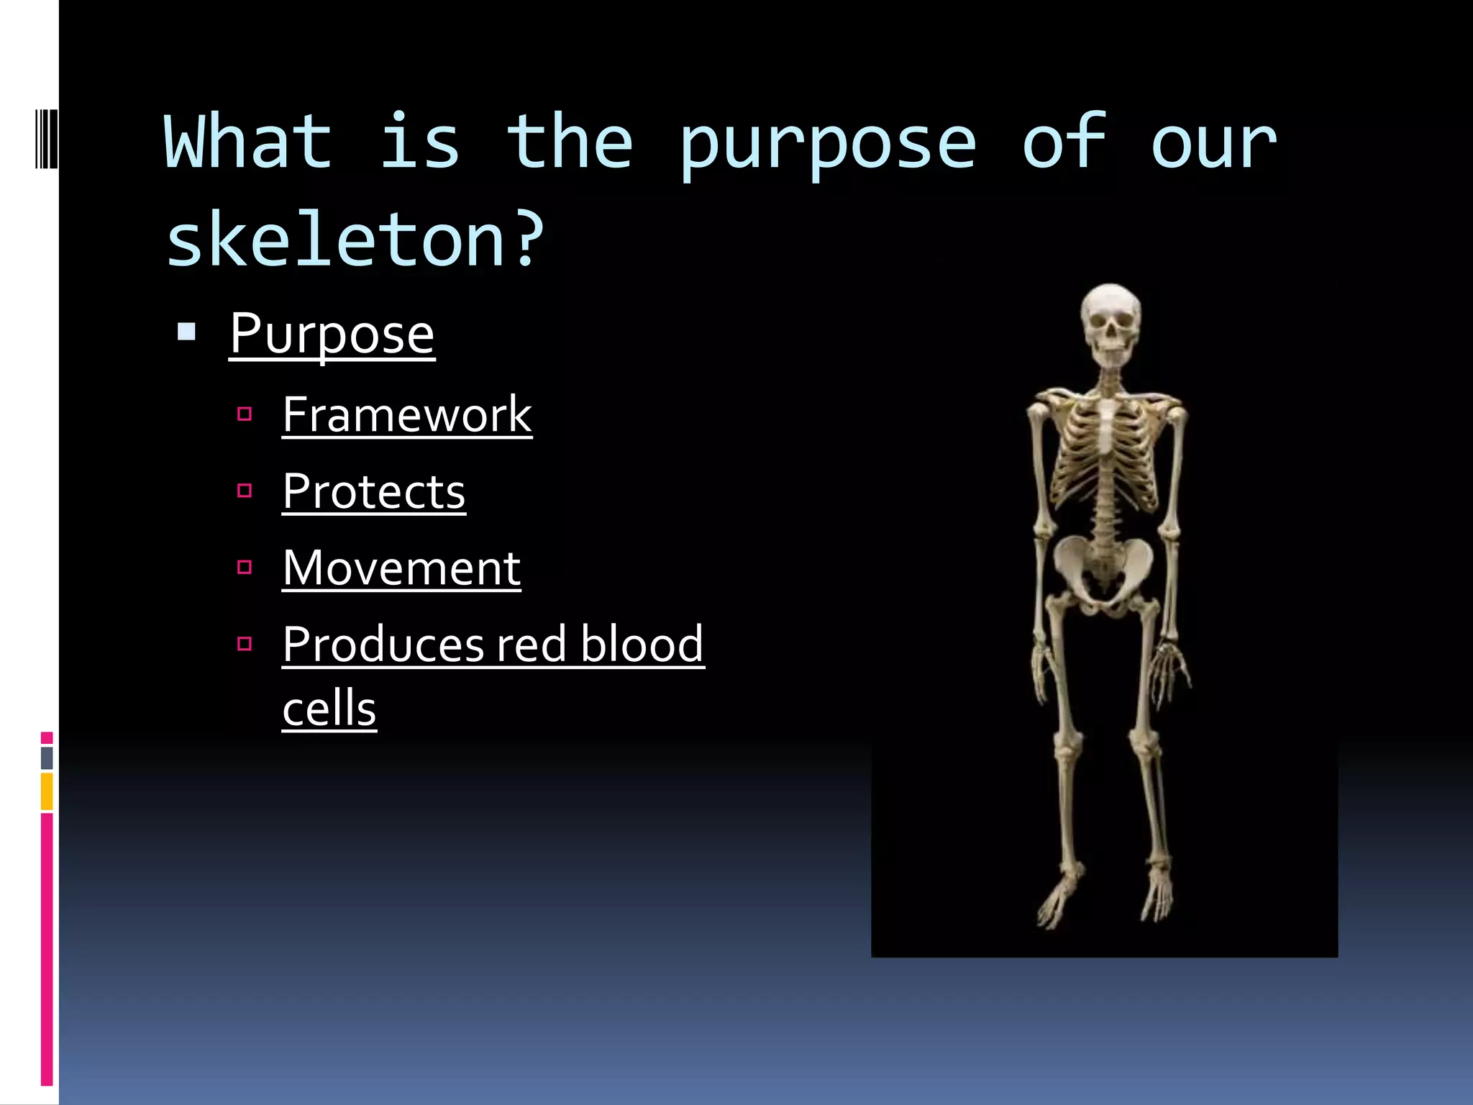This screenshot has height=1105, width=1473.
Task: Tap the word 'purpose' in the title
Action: click(x=827, y=144)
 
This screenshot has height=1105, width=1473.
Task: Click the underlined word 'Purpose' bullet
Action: click(x=332, y=334)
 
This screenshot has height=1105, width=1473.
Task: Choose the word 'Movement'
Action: click(x=401, y=568)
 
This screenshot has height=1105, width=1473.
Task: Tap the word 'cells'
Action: click(x=329, y=709)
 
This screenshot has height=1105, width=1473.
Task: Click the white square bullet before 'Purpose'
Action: click(x=186, y=332)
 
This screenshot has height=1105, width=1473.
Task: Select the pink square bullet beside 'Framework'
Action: click(x=245, y=414)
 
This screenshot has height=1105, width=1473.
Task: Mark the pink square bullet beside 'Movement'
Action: click(x=245, y=568)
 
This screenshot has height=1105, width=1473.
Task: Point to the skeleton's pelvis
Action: click(x=1103, y=568)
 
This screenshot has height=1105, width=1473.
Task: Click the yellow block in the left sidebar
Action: click(x=47, y=791)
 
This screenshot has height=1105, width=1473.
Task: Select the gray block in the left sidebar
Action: click(x=47, y=758)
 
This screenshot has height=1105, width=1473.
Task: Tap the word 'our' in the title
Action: click(x=1213, y=144)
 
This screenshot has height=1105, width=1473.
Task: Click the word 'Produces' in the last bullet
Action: click(x=383, y=645)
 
